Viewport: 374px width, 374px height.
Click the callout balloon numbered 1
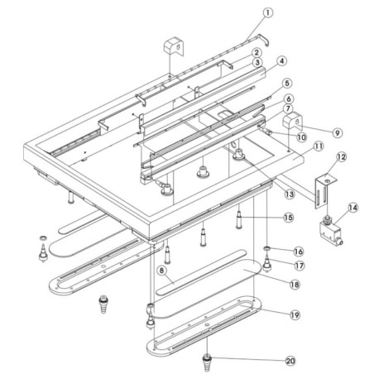click(x=267, y=12)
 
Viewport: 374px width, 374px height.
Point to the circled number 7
click(x=282, y=60)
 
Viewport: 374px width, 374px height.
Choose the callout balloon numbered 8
click(x=286, y=84)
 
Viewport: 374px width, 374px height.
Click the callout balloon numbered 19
click(x=317, y=146)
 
